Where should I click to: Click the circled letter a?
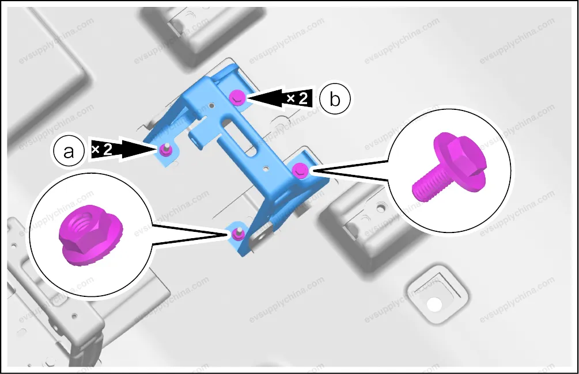coord(69,151)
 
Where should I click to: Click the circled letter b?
coord(335,99)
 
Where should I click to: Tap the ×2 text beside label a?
coord(101,149)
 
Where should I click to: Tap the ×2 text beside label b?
coord(297,98)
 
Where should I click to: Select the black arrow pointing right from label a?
coord(122,149)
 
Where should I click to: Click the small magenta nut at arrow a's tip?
coord(164,150)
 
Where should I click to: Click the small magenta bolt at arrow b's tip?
coord(237,98)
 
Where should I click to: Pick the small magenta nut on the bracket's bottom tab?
coord(236,234)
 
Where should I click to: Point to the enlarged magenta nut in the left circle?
coord(90,234)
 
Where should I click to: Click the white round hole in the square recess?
coord(434,304)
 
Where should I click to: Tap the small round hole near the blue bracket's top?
coord(211,106)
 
